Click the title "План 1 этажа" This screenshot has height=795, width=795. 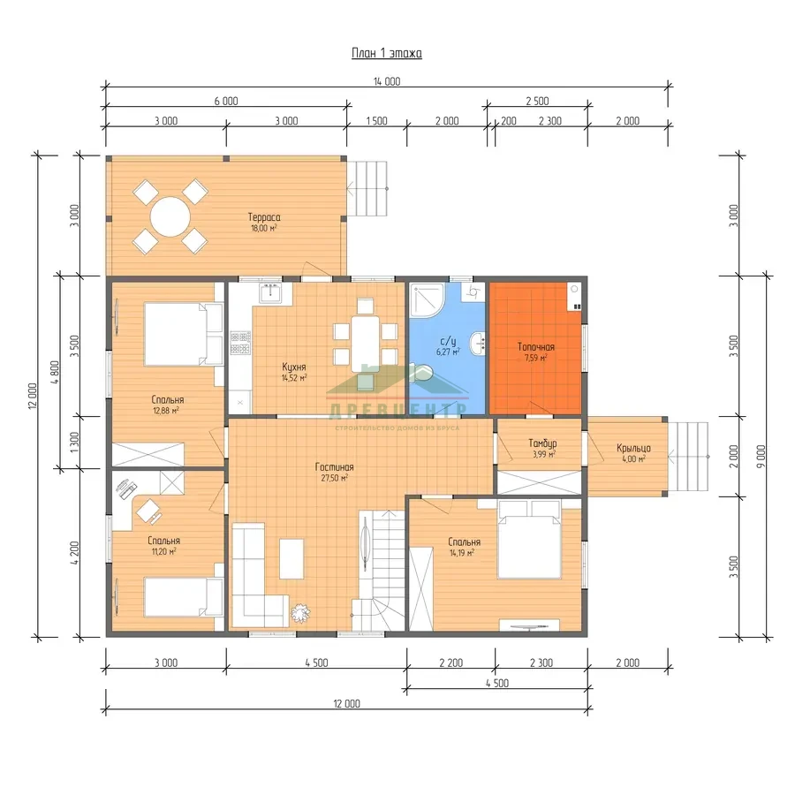[387, 53]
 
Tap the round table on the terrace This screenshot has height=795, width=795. [170, 217]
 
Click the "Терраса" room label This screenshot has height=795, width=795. [264, 217]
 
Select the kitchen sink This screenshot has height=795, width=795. [271, 293]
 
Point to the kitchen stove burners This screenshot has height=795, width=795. [240, 343]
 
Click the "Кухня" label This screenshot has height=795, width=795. [294, 367]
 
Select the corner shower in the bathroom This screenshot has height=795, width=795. [428, 300]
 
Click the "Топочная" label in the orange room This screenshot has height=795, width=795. [536, 347]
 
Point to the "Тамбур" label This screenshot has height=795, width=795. [542, 443]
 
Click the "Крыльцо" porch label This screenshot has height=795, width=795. [633, 448]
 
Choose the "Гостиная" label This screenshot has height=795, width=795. [335, 467]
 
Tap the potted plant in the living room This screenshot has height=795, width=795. [300, 614]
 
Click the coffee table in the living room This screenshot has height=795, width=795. [291, 559]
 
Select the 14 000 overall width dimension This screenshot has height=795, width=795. [387, 81]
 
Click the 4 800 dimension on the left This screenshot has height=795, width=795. [56, 373]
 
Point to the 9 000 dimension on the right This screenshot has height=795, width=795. [761, 457]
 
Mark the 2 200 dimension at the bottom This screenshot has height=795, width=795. [451, 662]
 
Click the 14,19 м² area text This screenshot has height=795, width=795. [462, 553]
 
